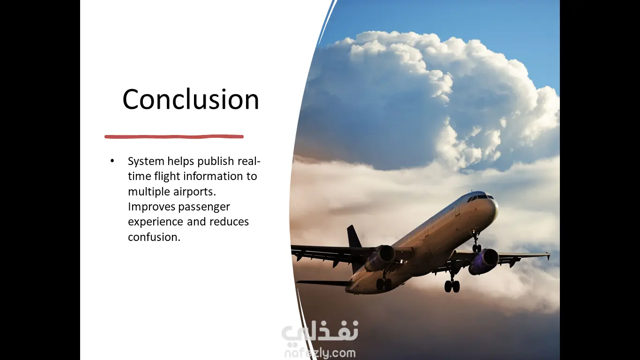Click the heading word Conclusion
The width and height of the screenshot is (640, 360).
tap(191, 99)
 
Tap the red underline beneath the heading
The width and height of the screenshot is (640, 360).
tap(174, 137)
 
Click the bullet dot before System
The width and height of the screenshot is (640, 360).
tap(112, 161)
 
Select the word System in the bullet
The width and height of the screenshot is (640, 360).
tap(146, 162)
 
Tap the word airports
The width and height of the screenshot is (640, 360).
tap(194, 192)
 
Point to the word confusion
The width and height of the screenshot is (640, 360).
tap(154, 237)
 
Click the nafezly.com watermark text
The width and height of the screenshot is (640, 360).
tap(320, 353)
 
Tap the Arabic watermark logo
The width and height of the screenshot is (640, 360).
tap(320, 332)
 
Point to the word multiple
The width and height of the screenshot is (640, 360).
tap(149, 192)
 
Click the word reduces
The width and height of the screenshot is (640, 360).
tap(229, 222)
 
